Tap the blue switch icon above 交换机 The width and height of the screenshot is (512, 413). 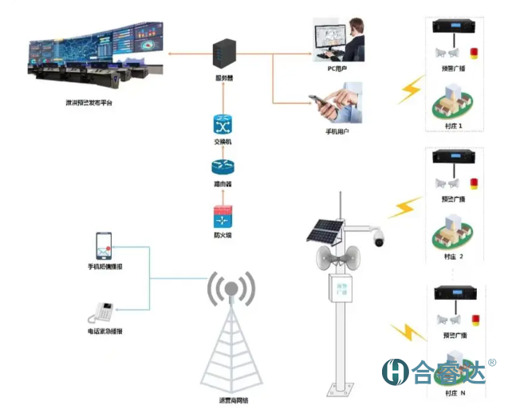coord(222,124)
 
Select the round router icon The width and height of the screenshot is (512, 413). coord(222,168)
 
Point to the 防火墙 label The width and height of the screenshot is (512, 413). coord(222,235)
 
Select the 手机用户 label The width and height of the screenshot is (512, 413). coord(337,128)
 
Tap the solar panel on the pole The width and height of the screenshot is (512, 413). coord(325,231)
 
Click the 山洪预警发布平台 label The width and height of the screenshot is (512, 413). coord(89,104)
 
